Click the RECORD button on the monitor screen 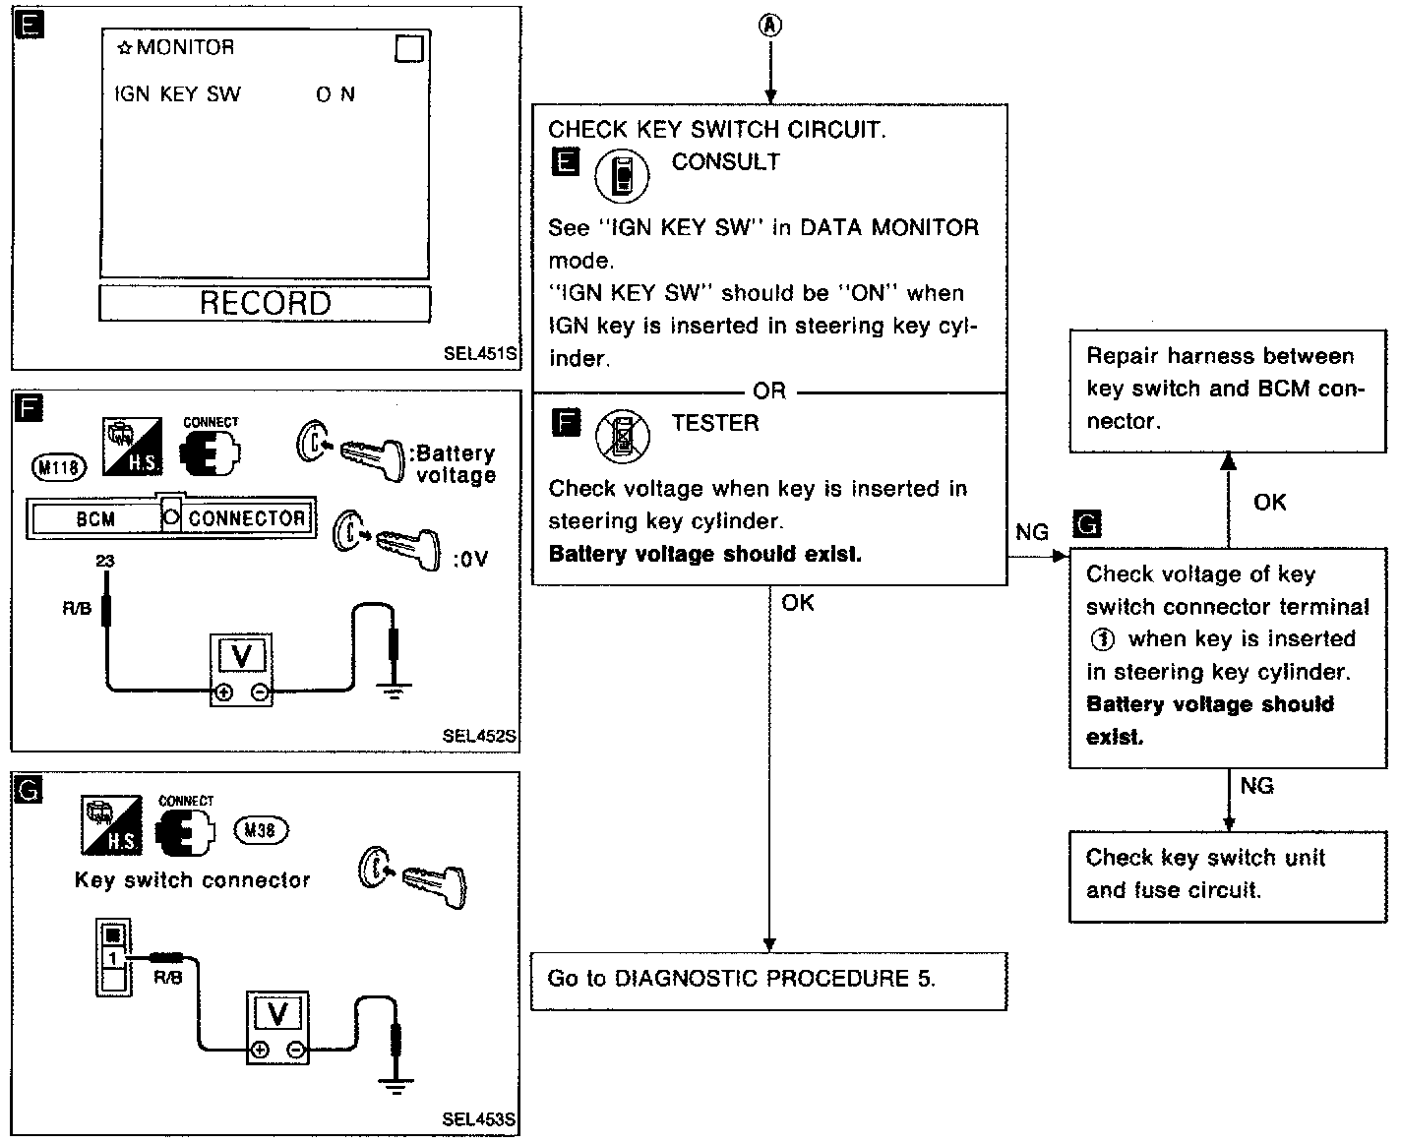click(x=265, y=303)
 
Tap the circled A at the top click(x=770, y=26)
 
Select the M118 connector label click(x=60, y=467)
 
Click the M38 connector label click(x=260, y=831)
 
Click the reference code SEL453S click(x=479, y=1119)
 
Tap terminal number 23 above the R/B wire click(x=104, y=561)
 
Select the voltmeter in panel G click(x=277, y=1027)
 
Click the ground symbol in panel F click(x=395, y=689)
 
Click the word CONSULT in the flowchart click(x=725, y=162)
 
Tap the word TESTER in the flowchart click(x=715, y=424)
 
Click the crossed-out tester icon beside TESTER click(x=623, y=437)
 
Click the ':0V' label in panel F click(x=470, y=560)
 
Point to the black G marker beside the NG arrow click(x=1088, y=524)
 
